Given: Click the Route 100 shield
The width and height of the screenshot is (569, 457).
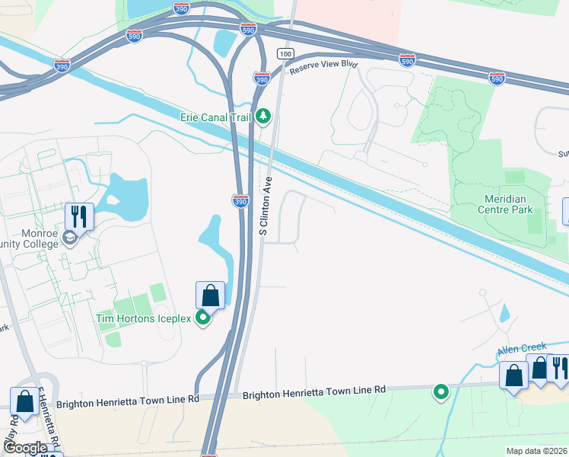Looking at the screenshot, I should point(285,53).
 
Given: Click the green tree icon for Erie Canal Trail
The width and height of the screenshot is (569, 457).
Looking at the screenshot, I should point(263,116).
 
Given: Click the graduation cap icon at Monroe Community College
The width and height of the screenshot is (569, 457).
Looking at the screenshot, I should point(70,238).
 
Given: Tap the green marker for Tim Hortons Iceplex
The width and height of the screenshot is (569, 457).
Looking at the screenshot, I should point(203,318).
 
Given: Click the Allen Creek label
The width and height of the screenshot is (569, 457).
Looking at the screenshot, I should point(521,350).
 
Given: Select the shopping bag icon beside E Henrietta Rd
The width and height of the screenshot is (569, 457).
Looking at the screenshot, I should point(24,401).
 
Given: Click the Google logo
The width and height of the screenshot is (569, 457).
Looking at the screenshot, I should point(25,448).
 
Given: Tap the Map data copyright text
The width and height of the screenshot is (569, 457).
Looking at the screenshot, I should point(536,451).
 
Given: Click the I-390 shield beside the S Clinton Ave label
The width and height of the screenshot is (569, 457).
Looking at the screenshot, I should point(240,201).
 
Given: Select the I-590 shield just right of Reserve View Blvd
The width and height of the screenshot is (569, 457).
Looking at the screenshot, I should point(407,60).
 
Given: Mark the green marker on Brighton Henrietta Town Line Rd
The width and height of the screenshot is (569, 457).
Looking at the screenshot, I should point(440,392).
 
